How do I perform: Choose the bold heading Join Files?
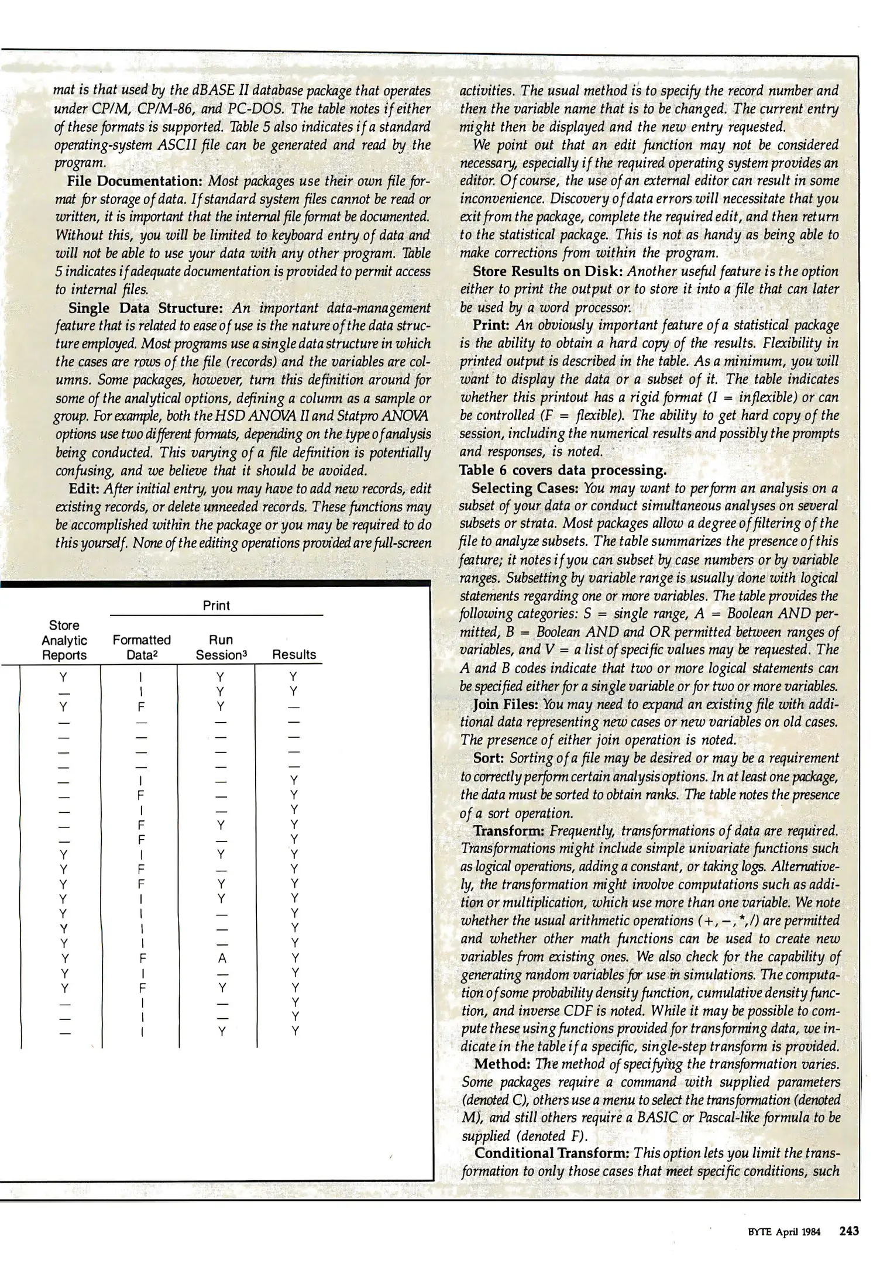point(505,704)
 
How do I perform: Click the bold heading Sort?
point(489,758)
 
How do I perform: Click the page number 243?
point(849,1231)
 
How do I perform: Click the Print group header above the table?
point(216,606)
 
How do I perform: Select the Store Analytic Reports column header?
point(64,640)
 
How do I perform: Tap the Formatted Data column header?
point(141,647)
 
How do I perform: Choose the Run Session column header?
point(221,647)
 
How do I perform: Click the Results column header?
point(294,655)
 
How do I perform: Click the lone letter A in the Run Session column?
point(222,959)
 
